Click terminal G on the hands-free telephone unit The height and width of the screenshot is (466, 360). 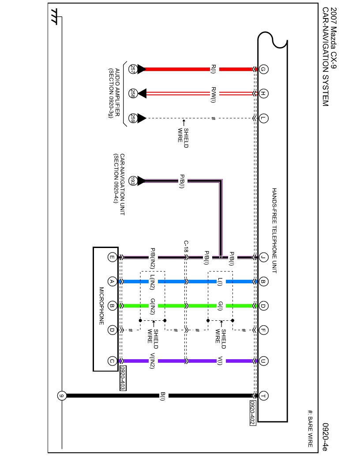[263, 69]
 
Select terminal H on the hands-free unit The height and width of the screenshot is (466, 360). [263, 94]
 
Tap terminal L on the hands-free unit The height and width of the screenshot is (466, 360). [263, 118]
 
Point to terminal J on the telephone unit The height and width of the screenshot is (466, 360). [263, 257]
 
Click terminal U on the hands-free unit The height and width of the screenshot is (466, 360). [263, 361]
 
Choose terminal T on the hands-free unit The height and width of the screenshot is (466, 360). [263, 396]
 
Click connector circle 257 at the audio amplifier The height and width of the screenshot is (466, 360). [132, 69]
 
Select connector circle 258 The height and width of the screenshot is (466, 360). [132, 94]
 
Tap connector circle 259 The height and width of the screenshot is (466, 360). [132, 118]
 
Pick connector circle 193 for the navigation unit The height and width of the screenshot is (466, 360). [132, 181]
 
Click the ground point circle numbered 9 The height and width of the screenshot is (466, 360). [62, 396]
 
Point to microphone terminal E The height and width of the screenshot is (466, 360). [112, 257]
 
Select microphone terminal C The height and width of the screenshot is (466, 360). [112, 361]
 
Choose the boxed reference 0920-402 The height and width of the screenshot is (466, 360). [252, 413]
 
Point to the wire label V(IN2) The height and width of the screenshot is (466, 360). [152, 361]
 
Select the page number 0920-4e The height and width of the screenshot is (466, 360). [325, 437]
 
